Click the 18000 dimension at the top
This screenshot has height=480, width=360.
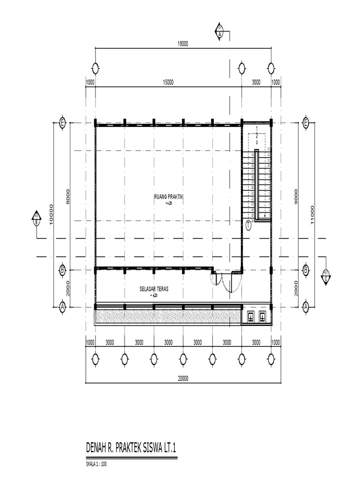pos(182,44)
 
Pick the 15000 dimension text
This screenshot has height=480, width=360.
pos(168,82)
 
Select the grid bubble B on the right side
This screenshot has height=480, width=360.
pos(305,270)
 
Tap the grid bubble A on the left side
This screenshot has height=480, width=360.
pos(62,307)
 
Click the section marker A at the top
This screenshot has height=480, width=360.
pos(220,30)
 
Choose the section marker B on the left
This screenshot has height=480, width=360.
pos(36,219)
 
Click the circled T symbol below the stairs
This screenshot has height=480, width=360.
pos(248,225)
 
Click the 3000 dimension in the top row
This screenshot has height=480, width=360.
pos(256,82)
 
